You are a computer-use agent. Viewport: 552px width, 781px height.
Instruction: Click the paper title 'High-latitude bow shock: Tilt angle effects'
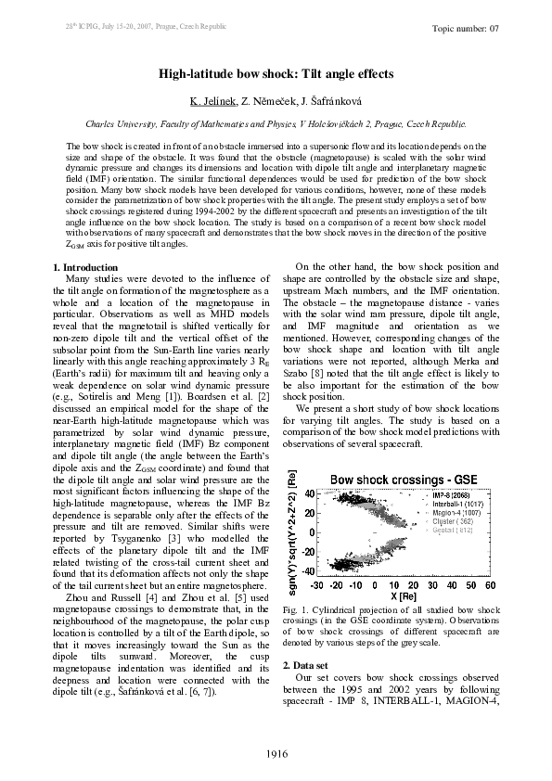coord(276,72)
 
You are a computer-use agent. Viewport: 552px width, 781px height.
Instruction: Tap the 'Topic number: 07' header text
coord(466,28)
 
